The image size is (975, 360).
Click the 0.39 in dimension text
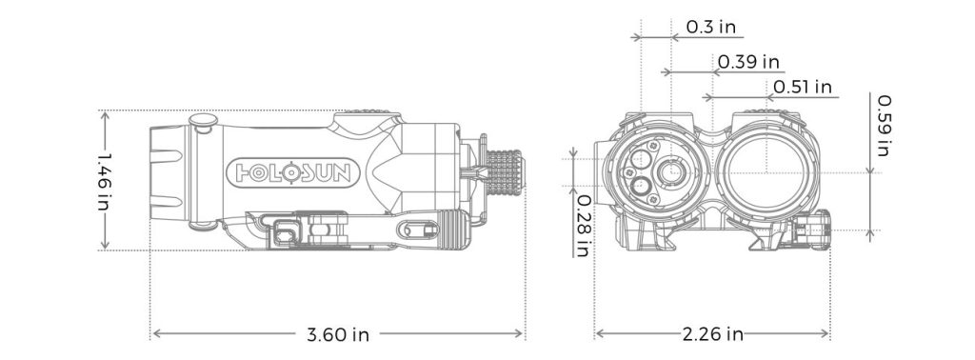coord(748,62)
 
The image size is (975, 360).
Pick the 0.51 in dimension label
coord(803,87)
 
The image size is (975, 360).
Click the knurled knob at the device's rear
coord(504,171)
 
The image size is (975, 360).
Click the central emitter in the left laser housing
coord(672,172)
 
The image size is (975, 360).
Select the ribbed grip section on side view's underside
coord(450,230)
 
